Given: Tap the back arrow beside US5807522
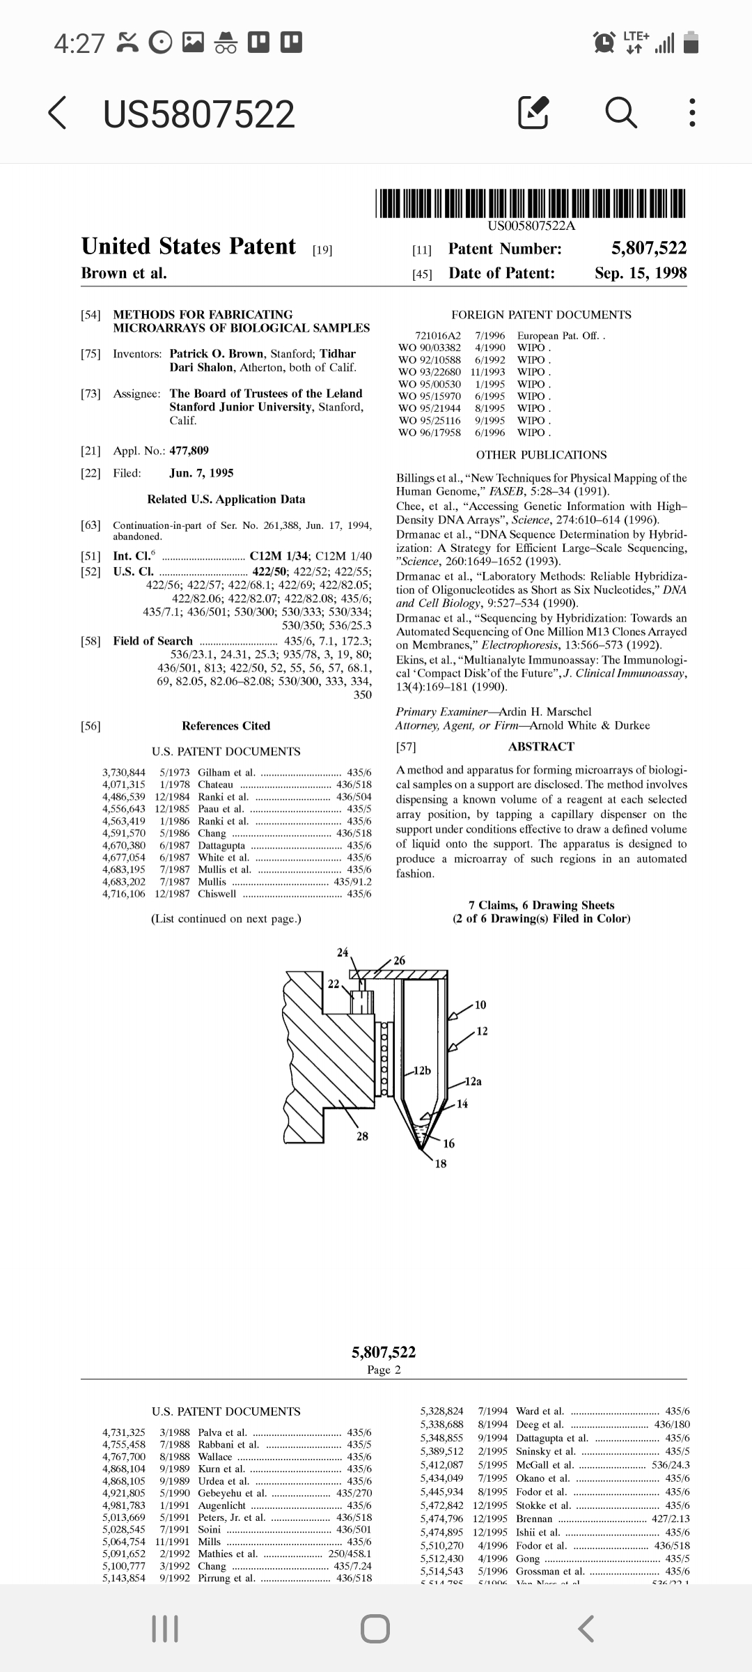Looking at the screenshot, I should (x=58, y=114).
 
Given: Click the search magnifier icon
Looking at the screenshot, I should (x=620, y=114).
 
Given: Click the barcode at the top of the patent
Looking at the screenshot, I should (x=531, y=203).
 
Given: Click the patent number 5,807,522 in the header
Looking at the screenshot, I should (x=648, y=249).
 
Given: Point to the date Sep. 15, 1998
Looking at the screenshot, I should (x=640, y=273).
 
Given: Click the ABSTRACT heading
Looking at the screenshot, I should (x=541, y=747).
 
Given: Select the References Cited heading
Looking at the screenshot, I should (x=226, y=726).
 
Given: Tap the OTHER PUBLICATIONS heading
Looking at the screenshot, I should (x=541, y=455).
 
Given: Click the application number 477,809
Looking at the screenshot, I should (x=189, y=451).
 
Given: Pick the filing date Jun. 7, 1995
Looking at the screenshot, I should (x=201, y=473).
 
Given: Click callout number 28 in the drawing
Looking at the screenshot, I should (x=362, y=1136).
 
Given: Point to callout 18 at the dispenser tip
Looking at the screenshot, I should (x=441, y=1163).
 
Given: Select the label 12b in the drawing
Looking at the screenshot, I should (x=422, y=1070).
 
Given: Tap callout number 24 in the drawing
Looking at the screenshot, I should (x=343, y=952).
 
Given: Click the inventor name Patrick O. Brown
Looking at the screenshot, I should (x=219, y=354).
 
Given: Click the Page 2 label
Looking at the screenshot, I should (x=384, y=1370).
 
